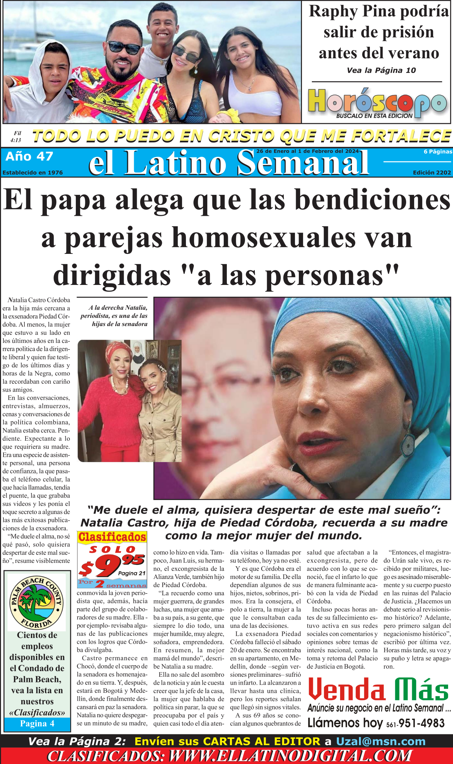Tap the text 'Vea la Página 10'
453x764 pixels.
(381, 70)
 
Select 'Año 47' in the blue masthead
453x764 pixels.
(29, 156)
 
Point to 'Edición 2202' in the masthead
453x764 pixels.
(432, 172)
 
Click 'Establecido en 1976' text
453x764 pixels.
(33, 172)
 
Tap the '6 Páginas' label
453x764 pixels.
(438, 152)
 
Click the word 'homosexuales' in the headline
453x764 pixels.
(264, 237)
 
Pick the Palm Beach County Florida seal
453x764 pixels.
(37, 602)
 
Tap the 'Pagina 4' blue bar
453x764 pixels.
(37, 723)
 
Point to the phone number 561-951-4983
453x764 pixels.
(415, 723)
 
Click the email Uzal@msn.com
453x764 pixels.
(381, 741)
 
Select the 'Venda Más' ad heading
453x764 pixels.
(378, 690)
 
